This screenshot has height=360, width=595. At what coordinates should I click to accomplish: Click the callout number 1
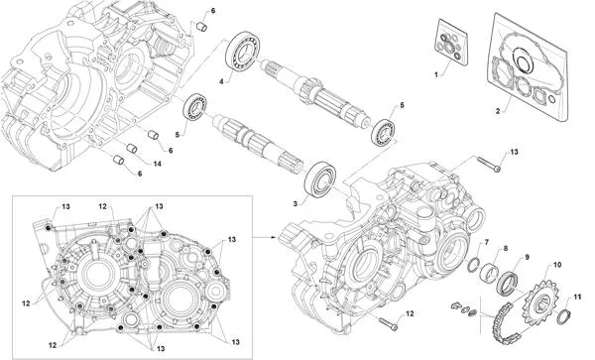tap(433, 75)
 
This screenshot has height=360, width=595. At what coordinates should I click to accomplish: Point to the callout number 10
tap(556, 265)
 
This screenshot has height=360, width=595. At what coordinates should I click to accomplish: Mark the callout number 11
tap(577, 297)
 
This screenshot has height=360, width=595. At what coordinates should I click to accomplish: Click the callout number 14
tap(158, 163)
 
